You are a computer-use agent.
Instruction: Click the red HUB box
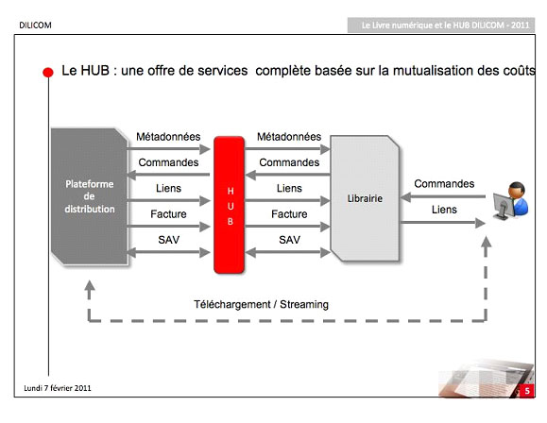(229, 205)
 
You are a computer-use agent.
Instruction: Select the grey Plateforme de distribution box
(90, 196)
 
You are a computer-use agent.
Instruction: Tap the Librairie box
(365, 198)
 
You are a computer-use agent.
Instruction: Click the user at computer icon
(510, 200)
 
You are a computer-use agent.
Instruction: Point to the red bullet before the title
(48, 72)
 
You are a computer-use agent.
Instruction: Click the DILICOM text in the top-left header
(35, 25)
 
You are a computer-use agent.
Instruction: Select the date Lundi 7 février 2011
(58, 388)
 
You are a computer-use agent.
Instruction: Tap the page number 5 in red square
(527, 391)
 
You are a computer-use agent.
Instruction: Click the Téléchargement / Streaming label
(262, 304)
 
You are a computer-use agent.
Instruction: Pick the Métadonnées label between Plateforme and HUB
(168, 137)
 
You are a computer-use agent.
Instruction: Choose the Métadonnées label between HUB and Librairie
(289, 137)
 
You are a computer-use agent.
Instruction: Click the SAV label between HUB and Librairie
(289, 240)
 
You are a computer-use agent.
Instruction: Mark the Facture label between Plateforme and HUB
(168, 214)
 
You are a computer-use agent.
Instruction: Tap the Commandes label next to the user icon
(444, 184)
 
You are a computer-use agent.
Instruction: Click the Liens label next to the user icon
(444, 210)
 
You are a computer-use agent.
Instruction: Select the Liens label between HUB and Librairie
(289, 188)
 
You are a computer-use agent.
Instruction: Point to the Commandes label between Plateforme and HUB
(168, 162)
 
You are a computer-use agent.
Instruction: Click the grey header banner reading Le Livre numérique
(441, 25)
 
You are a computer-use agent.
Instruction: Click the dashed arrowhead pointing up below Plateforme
(90, 286)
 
